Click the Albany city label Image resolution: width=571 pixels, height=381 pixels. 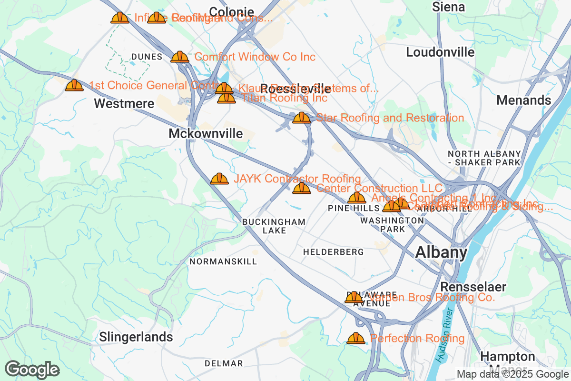[x=441, y=252]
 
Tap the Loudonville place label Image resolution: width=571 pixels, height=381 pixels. [x=440, y=52]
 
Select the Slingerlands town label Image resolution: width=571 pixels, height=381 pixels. [x=136, y=337]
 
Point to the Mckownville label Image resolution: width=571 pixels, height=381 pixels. [x=206, y=134]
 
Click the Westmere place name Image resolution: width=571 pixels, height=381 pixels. [x=124, y=103]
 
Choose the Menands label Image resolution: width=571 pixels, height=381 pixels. [x=523, y=100]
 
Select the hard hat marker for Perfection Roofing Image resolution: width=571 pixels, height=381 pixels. [x=356, y=338]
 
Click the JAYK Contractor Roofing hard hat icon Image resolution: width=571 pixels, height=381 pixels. [x=219, y=179]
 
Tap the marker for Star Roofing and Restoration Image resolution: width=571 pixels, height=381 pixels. [x=302, y=118]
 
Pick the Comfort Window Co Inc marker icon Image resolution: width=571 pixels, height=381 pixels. [x=180, y=57]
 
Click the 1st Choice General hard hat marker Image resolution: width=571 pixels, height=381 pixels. [x=74, y=85]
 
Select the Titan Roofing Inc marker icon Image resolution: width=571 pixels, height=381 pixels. [x=226, y=98]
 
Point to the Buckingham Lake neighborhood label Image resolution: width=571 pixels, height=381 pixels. [x=274, y=226]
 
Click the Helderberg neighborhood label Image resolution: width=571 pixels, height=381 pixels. [x=333, y=251]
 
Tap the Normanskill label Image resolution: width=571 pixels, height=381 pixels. [x=223, y=261]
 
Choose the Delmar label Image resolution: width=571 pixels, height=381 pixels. [x=224, y=363]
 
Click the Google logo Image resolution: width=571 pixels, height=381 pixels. [x=32, y=370]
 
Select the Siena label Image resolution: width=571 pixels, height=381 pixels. [x=448, y=7]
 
